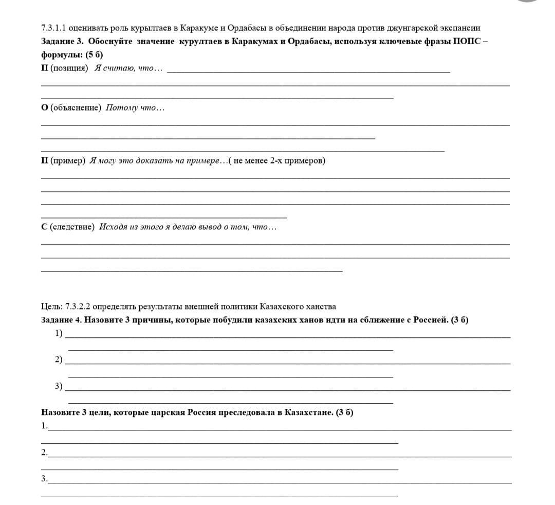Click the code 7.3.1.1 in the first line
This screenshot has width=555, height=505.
(x=53, y=28)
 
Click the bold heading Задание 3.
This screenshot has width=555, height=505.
(x=61, y=41)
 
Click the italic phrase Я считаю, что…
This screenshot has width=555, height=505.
(x=128, y=68)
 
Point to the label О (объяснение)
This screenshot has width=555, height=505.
(x=71, y=107)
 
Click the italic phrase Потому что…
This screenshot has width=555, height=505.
(x=135, y=107)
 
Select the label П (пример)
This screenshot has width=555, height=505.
(x=63, y=161)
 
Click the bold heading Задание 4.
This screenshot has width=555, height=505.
(x=61, y=320)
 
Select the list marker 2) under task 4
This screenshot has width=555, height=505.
(x=59, y=359)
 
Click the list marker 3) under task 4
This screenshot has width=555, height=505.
(x=59, y=386)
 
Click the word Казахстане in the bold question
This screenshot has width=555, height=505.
(x=308, y=412)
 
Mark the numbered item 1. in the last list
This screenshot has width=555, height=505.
(x=45, y=426)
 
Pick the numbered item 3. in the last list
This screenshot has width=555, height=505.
(x=45, y=479)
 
